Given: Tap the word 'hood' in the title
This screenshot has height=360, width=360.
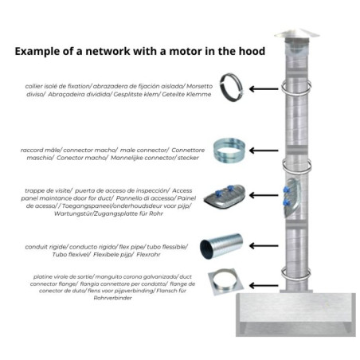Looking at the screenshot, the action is (x=251, y=51).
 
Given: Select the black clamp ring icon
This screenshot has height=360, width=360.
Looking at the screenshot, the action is (x=231, y=87).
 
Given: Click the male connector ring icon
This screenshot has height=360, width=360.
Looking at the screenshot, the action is (x=229, y=150).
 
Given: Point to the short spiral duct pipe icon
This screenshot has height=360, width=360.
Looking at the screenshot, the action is (x=221, y=246).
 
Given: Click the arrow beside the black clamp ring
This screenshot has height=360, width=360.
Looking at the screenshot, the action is (x=264, y=89).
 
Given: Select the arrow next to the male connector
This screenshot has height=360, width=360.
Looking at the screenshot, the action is (x=264, y=151).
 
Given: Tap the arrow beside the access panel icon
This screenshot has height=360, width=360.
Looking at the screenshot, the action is (x=264, y=195).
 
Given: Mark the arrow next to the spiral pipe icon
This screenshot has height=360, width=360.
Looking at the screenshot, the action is (x=264, y=246).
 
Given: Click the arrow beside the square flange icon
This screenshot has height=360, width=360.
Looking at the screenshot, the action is (x=264, y=286).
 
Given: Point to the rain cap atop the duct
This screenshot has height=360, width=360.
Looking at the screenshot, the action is (x=297, y=34).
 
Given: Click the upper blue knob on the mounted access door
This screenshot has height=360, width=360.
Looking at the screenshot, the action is (x=286, y=190).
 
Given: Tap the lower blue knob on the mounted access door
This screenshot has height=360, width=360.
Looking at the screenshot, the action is (x=286, y=203).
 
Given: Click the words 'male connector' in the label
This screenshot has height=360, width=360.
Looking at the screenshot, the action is (x=144, y=150).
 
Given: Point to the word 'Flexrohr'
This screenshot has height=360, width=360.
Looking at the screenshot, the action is (x=148, y=254).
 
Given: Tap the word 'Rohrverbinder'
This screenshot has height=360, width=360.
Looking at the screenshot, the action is (x=113, y=298).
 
